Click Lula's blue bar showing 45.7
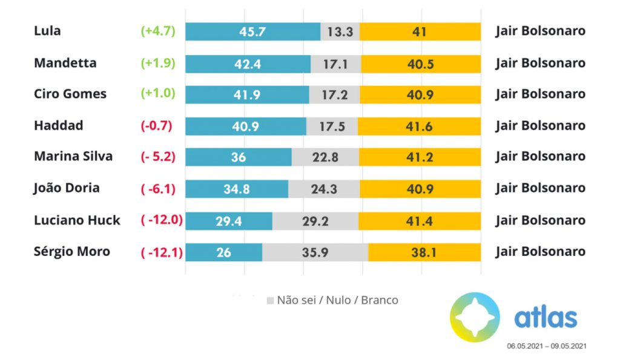[x=252, y=31]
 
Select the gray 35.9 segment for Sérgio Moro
[x=315, y=252]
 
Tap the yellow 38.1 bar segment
[x=424, y=252]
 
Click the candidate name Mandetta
[x=65, y=63]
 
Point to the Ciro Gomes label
[x=70, y=94]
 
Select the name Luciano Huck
[x=77, y=220]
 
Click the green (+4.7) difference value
[x=157, y=31]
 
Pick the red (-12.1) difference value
[x=161, y=252]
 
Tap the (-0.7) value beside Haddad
[x=157, y=126]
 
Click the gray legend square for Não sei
[x=270, y=300]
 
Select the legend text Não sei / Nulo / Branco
[x=337, y=300]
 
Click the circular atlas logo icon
[x=475, y=317]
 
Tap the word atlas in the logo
[x=546, y=318]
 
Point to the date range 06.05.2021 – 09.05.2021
[x=546, y=346]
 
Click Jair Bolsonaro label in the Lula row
[x=540, y=31]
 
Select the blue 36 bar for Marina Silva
[x=238, y=157]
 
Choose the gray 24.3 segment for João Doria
[x=324, y=189]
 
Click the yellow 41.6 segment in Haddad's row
[x=419, y=126]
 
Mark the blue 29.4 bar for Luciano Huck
[x=228, y=221]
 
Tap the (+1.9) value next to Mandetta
[x=157, y=63]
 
